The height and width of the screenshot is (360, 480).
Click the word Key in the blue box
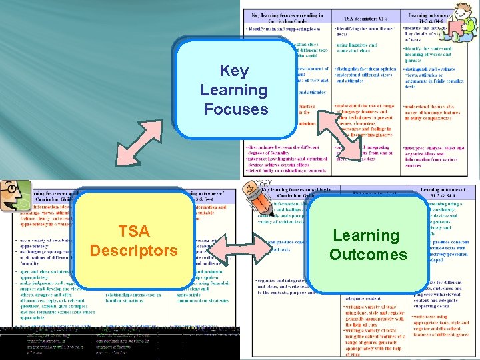coord(233,71)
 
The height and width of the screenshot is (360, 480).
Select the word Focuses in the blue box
coord(236,109)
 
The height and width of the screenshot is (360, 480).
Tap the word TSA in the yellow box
coord(133,231)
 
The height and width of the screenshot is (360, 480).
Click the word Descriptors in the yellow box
coord(133,251)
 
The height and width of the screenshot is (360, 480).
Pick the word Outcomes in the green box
coord(367,255)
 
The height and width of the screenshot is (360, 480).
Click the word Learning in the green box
coord(365,235)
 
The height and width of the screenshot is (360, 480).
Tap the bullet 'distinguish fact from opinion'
coord(367,68)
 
